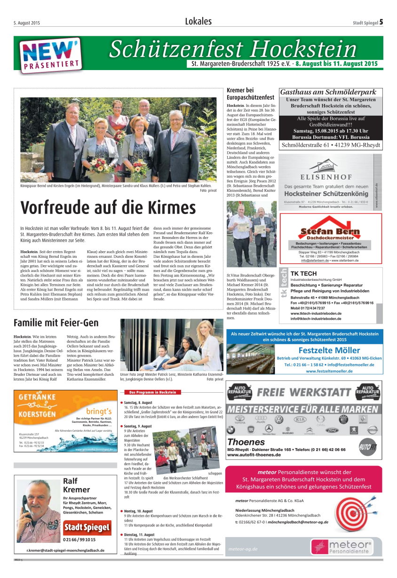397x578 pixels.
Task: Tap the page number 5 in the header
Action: [x=381, y=22]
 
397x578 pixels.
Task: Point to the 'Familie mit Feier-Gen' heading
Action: [x=56, y=323]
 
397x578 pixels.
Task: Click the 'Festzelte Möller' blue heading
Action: [x=329, y=350]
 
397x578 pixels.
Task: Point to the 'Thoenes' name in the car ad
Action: [x=246, y=442]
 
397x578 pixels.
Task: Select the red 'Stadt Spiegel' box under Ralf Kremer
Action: [x=87, y=527]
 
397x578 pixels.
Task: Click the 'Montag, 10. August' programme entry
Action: [x=139, y=511]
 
